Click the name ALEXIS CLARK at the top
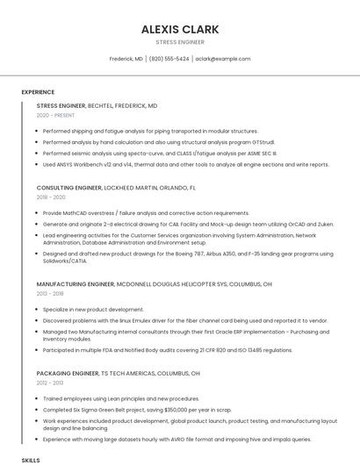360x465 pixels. [x=180, y=29]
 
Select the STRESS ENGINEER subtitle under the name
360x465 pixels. [x=180, y=42]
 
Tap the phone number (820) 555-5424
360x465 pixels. [x=169, y=59]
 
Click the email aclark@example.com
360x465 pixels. [x=223, y=59]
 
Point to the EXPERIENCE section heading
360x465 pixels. [x=38, y=92]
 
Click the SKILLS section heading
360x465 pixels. [x=31, y=460]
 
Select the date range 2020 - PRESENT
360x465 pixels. [x=55, y=115]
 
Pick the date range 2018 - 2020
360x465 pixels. [x=51, y=197]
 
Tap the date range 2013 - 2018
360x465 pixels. [x=50, y=294]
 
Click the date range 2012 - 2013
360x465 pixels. [x=50, y=383]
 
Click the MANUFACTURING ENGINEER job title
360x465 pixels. [x=76, y=284]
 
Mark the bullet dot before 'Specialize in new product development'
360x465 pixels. [x=38, y=310]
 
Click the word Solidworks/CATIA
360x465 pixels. [x=66, y=261]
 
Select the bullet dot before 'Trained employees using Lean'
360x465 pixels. [x=38, y=398]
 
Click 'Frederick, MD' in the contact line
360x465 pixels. [x=126, y=59]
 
